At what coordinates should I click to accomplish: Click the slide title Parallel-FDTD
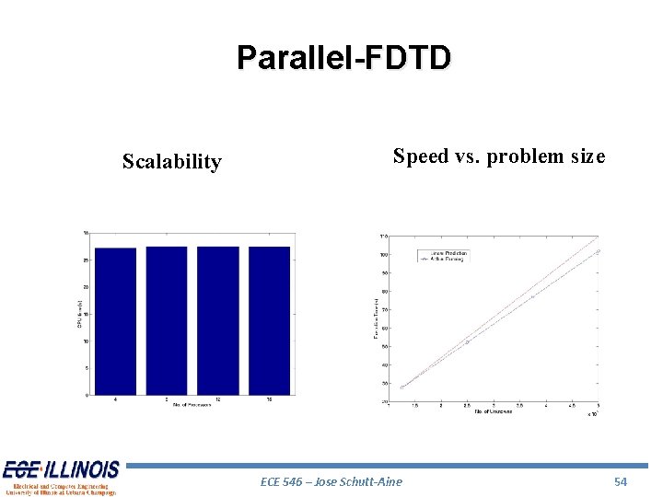point(343,57)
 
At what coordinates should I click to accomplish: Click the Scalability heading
point(171,162)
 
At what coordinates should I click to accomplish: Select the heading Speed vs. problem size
point(498,156)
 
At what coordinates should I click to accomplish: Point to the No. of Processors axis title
point(192,405)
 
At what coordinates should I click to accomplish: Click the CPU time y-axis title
point(80,313)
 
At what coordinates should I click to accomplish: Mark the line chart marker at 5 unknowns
point(598,251)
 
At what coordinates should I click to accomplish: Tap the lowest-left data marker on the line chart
point(401,387)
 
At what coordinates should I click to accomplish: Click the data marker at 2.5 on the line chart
point(467,342)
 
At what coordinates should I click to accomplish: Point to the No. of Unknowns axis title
point(494,410)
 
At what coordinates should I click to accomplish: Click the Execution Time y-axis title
point(376,318)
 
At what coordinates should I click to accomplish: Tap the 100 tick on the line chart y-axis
point(382,255)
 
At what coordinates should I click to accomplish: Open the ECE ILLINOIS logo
point(61,477)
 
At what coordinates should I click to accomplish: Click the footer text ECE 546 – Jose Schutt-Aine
point(331,481)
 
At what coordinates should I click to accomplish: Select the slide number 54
point(620,481)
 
